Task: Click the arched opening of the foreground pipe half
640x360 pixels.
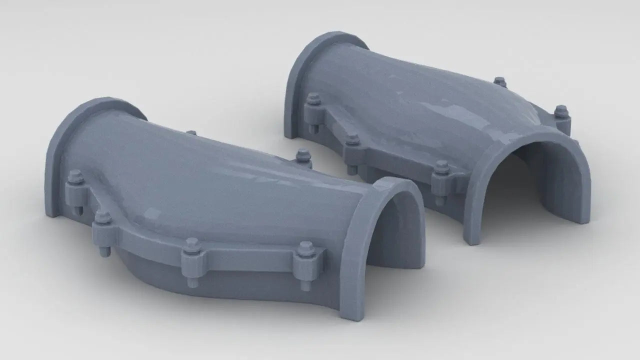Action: (x=395, y=230)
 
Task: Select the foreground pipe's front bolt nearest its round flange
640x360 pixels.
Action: (x=75, y=177)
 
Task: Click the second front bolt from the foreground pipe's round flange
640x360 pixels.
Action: (x=103, y=219)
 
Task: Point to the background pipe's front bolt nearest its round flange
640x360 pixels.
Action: (x=313, y=99)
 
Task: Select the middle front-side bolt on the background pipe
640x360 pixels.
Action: (x=352, y=140)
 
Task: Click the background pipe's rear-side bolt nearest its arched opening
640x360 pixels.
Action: (x=561, y=111)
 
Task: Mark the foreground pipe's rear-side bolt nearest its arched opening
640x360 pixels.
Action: (x=303, y=155)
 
